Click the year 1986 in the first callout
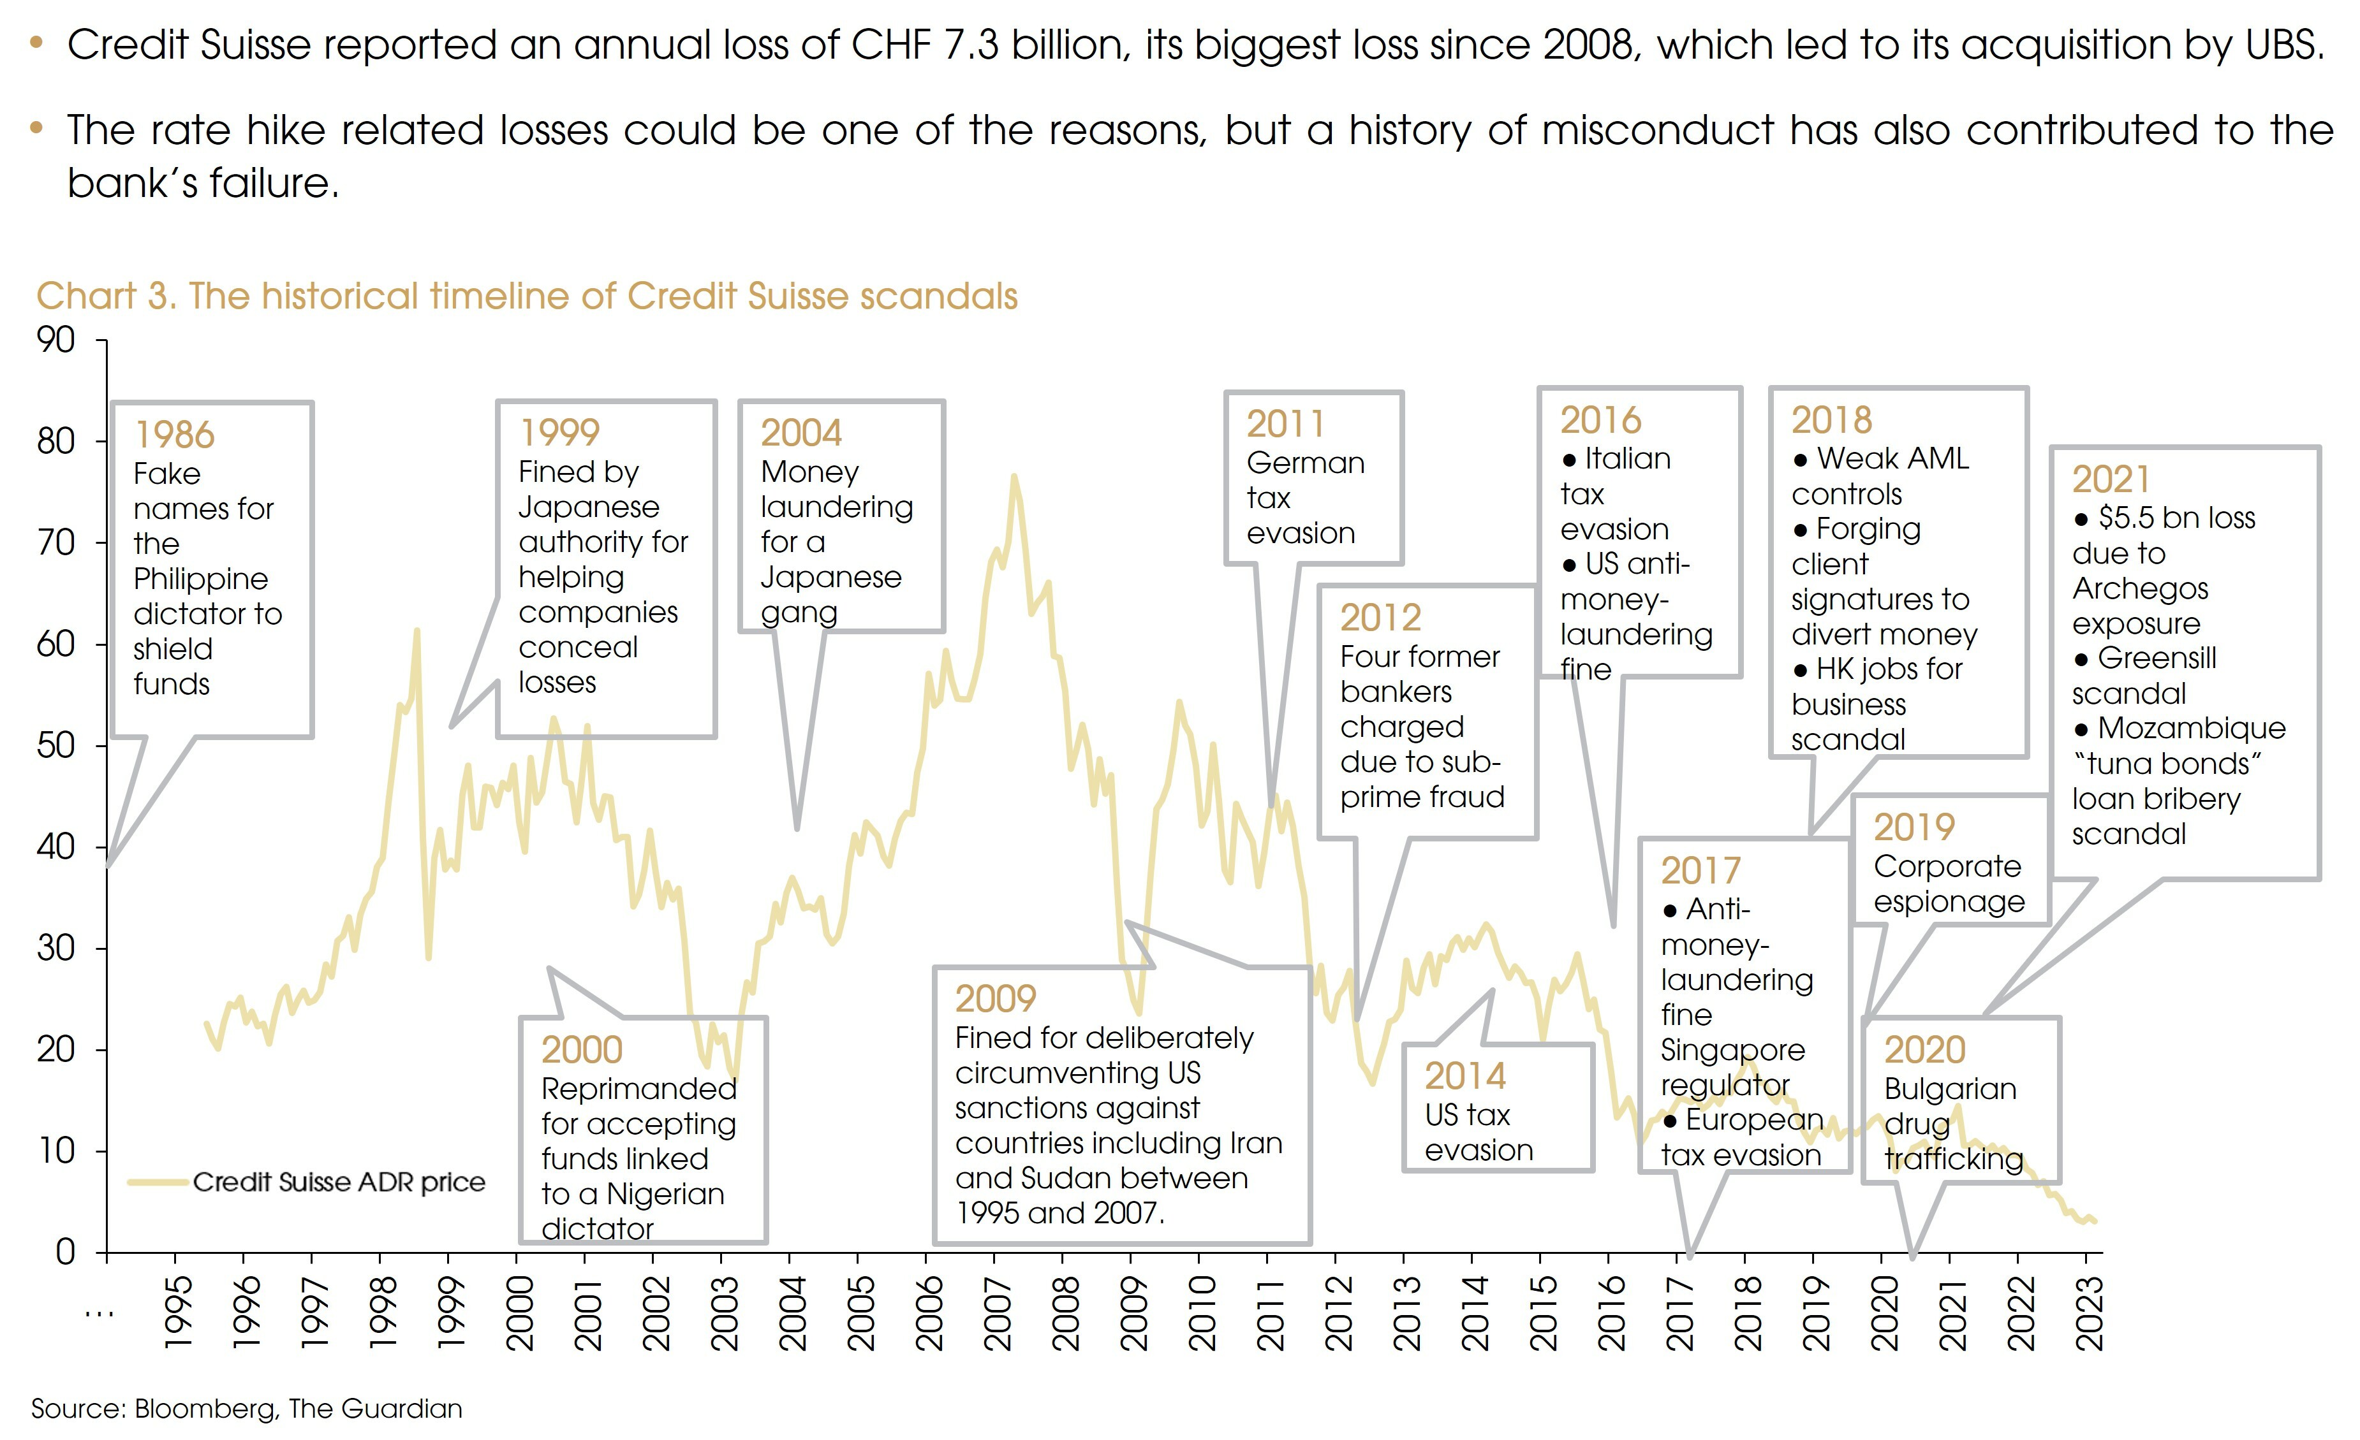174,435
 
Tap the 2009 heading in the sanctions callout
995,999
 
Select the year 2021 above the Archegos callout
2110,479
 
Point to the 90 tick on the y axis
55,340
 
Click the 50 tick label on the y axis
55,745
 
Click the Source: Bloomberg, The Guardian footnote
246,1408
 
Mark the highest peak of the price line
1014,476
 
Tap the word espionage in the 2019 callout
1949,902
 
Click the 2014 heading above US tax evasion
1464,1076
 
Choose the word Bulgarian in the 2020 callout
1950,1089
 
